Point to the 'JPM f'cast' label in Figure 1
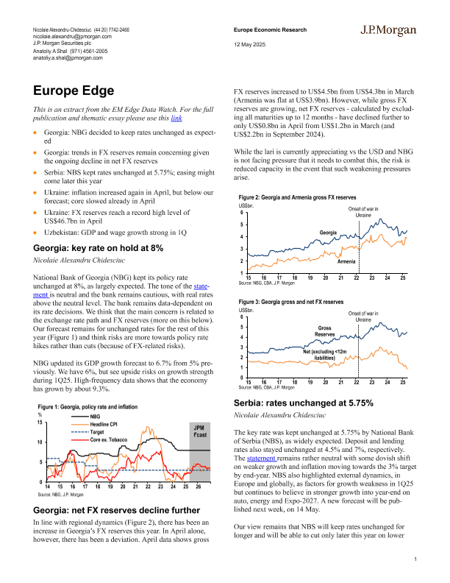tap(199, 432)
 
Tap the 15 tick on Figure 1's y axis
tap(40, 423)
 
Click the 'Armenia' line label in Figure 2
tap(346, 261)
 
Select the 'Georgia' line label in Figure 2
tap(328, 233)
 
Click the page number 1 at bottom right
tap(415, 562)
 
